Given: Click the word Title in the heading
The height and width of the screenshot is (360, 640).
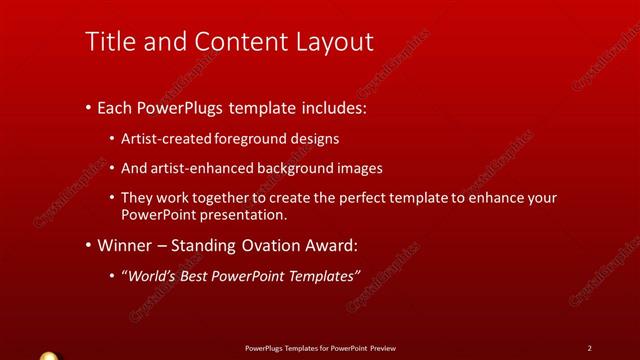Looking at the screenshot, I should [110, 41].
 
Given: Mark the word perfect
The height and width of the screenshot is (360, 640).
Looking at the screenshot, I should [370, 198].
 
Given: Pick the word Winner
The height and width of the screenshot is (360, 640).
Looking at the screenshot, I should [127, 245].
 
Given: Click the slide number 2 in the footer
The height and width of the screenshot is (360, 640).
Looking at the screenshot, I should [590, 348].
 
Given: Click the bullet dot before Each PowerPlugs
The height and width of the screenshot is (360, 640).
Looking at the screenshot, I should [88, 106].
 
